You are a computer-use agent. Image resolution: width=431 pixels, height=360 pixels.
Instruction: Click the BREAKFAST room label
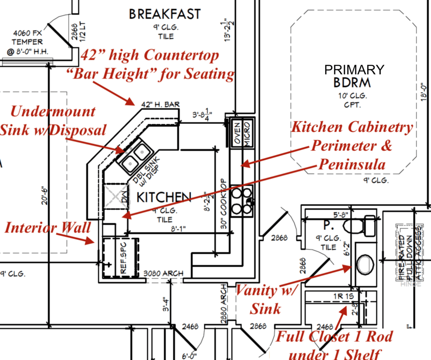tap(165, 14)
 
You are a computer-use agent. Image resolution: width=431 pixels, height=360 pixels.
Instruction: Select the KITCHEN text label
tap(164, 197)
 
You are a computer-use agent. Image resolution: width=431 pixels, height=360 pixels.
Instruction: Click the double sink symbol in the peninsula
tap(135, 155)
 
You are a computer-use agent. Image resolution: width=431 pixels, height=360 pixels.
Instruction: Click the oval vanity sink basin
tap(364, 265)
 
